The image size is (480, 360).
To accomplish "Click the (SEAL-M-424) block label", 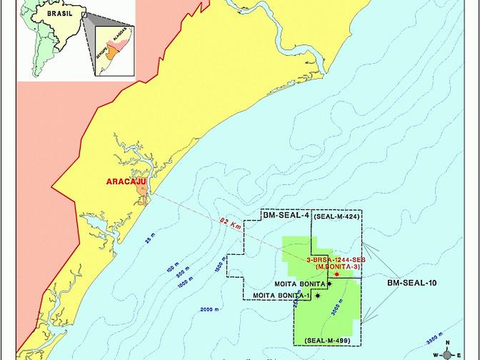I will [x=336, y=215].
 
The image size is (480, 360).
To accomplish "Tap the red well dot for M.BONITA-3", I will [x=336, y=274].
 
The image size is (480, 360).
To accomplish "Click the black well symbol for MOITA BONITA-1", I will [x=318, y=296].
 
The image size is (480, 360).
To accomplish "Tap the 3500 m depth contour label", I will [x=434, y=340].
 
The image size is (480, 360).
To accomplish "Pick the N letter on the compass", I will [x=447, y=343].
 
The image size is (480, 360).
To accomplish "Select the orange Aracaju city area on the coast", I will [x=142, y=192].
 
